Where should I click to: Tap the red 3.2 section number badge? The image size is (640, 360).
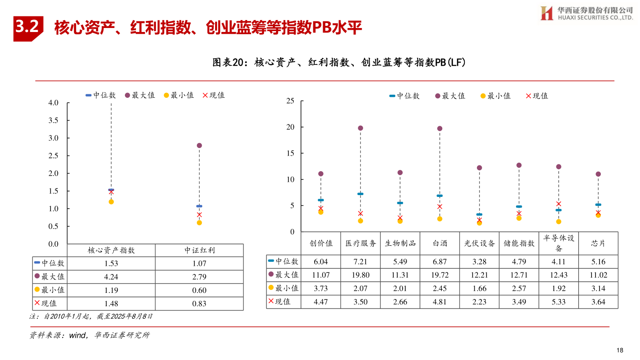click(28, 28)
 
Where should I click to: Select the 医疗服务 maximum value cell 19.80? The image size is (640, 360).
click(360, 275)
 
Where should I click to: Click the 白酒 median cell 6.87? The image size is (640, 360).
click(440, 262)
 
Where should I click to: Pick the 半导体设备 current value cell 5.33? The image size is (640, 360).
click(559, 302)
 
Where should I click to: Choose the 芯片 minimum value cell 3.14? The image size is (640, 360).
click(598, 288)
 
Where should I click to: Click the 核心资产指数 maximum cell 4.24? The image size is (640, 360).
click(111, 277)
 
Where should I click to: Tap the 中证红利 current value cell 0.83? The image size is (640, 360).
click(199, 304)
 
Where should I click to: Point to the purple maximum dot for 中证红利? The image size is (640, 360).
click(199, 145)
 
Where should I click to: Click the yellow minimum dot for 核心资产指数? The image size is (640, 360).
click(111, 202)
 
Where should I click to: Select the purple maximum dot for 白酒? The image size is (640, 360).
click(440, 128)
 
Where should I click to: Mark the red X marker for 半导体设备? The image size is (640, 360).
click(559, 204)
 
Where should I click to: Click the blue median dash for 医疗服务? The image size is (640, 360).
click(360, 194)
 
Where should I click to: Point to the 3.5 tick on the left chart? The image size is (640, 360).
click(53, 120)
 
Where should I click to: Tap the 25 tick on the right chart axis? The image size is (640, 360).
click(290, 101)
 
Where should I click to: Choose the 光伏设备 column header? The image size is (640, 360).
click(480, 243)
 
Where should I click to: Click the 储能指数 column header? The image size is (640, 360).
click(519, 243)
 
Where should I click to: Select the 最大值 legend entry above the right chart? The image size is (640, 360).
click(450, 96)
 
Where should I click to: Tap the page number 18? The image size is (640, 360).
click(621, 349)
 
